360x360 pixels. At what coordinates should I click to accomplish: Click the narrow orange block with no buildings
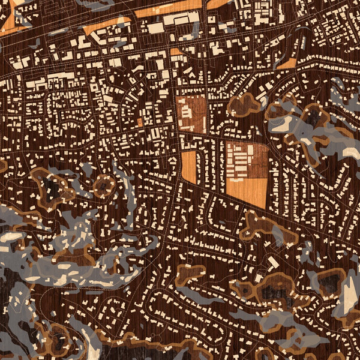tap(188, 167)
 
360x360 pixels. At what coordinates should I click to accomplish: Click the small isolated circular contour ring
tap(105, 186)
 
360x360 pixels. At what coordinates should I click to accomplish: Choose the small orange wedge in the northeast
tap(287, 63)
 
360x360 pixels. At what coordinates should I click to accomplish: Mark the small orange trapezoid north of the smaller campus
tap(175, 52)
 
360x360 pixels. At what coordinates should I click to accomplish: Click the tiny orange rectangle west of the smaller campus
tap(140, 122)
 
